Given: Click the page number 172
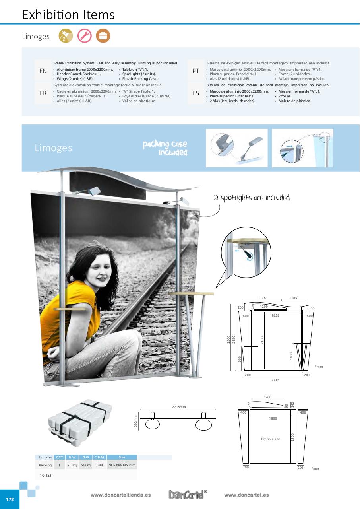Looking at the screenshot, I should tap(10, 499).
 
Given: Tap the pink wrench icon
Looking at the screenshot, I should tap(84, 36).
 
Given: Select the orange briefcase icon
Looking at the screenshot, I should tap(103, 36).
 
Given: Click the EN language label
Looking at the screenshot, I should tap(43, 71).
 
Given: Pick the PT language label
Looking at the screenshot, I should tap(196, 71).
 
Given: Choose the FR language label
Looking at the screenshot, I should tap(43, 93).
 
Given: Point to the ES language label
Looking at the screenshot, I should tap(196, 93).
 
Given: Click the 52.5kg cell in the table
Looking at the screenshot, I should tap(72, 465).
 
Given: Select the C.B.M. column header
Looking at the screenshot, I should tap(99, 457).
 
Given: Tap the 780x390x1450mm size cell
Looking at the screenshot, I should tap(122, 465).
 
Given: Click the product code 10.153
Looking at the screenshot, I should tap(45, 475).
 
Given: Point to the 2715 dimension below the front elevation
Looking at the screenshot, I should tap(275, 380).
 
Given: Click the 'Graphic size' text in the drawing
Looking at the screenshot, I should tap(270, 439).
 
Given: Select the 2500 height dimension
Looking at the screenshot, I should tap(228, 339).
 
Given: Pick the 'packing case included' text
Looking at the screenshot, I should tap(165, 148).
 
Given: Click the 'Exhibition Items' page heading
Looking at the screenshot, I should tap(68, 15).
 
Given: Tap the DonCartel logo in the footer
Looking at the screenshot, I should tap(188, 495).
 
